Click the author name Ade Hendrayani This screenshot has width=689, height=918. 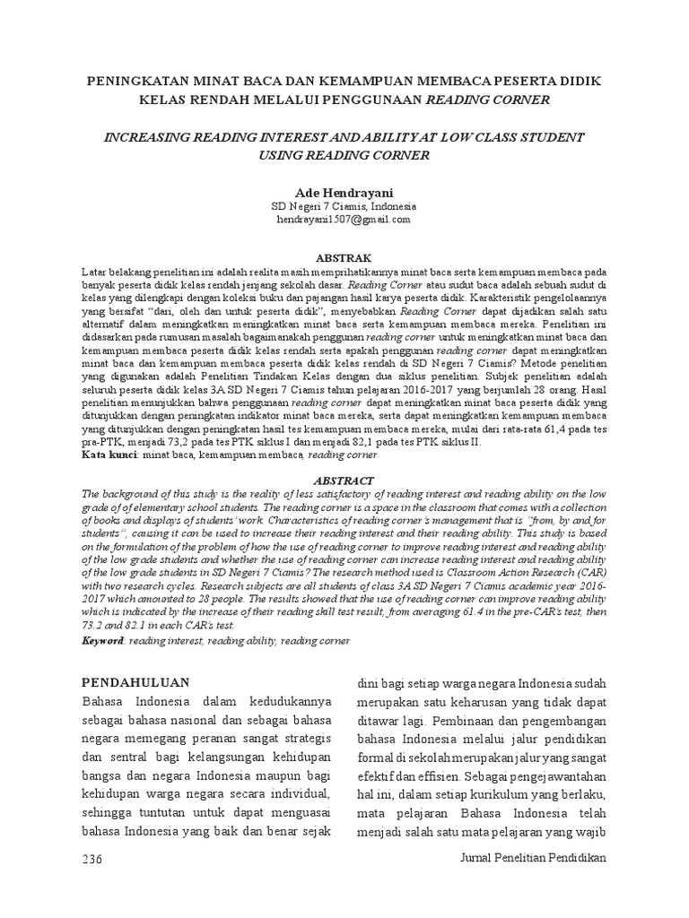click(344, 191)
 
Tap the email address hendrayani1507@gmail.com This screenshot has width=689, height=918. click(344, 218)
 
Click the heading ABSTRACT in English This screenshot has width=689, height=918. click(344, 481)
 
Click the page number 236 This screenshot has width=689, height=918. click(92, 858)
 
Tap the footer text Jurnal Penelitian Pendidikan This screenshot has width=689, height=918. click(533, 858)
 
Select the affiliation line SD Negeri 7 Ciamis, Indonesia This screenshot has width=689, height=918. click(344, 205)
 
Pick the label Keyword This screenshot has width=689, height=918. click(103, 641)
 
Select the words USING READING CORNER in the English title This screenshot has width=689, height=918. click(344, 155)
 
